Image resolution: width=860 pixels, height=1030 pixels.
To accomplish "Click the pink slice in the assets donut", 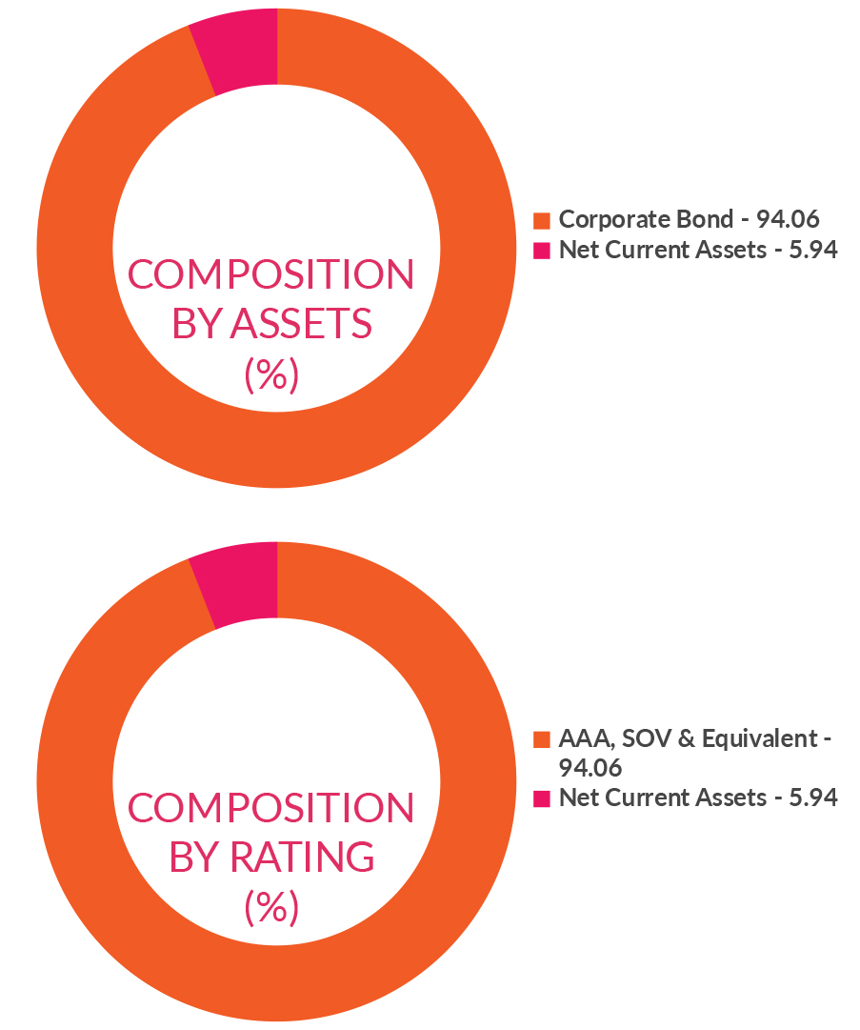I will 238,52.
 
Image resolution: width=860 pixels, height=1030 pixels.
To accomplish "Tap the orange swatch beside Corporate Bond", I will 542,220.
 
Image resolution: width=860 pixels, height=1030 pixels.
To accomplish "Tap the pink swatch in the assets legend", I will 542,252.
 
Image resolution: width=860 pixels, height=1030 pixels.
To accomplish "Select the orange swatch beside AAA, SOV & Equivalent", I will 542,739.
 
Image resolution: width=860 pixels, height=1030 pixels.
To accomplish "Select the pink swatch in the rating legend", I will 542,798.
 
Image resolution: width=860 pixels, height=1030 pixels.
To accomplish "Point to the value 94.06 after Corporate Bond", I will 788,219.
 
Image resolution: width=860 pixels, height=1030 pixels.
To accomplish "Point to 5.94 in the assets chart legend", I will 813,251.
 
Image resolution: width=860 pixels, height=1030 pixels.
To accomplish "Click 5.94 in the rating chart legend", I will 813,798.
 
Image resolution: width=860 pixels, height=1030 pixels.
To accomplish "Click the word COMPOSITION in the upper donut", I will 271,275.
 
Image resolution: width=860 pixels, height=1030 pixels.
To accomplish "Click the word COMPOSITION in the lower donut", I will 271,808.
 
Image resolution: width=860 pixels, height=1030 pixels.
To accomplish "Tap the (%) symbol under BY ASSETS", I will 271,374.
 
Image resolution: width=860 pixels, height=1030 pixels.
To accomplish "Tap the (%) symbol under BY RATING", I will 271,907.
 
